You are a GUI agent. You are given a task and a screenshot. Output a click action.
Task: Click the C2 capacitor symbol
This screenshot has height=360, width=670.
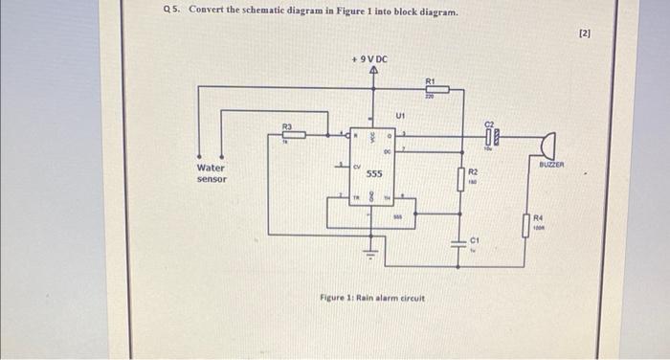point(490,136)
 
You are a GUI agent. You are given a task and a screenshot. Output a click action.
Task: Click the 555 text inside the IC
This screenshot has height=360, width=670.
point(375,174)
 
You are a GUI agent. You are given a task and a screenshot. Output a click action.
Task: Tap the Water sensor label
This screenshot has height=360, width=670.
point(212,173)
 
